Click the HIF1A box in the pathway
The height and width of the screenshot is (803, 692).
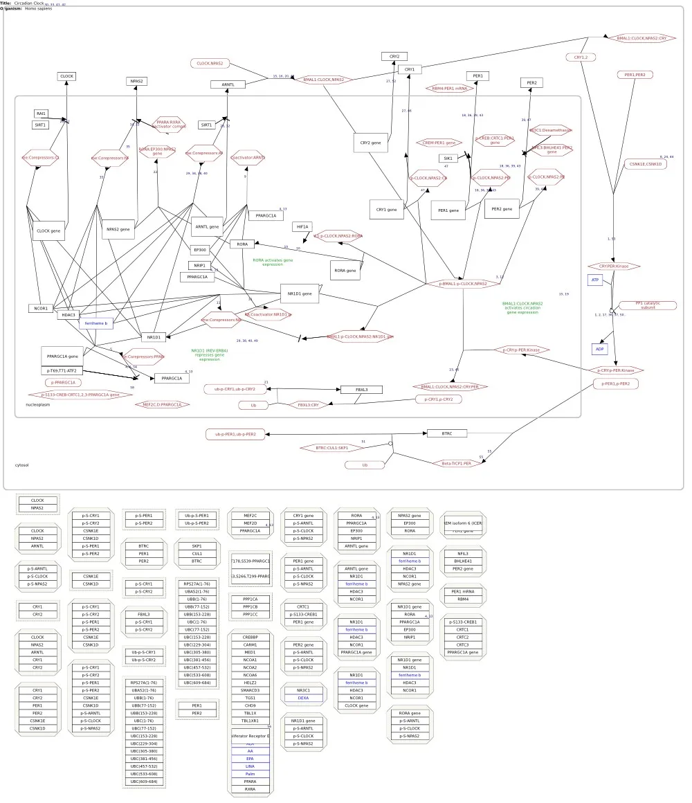tap(303, 226)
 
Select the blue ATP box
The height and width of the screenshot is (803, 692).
tap(594, 280)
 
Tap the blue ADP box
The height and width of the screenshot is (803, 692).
tap(599, 349)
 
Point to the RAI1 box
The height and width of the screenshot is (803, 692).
tap(42, 114)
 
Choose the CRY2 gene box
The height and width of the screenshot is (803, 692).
tap(370, 143)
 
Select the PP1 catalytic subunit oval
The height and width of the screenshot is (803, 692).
tap(648, 305)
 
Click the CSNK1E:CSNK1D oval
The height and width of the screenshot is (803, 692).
tap(645, 164)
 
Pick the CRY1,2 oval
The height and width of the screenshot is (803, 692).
tap(581, 57)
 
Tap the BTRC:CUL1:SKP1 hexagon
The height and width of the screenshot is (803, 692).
tap(332, 448)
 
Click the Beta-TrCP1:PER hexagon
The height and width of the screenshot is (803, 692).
tap(457, 463)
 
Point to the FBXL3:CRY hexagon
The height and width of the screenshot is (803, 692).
tap(308, 405)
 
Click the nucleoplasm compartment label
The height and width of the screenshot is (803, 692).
tap(38, 404)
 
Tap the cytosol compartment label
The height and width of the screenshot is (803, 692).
tap(22, 465)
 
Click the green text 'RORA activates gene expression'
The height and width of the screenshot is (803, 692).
tap(273, 262)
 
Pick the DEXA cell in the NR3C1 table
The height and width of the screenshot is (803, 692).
tap(303, 698)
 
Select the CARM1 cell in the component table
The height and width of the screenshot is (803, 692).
tap(250, 644)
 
